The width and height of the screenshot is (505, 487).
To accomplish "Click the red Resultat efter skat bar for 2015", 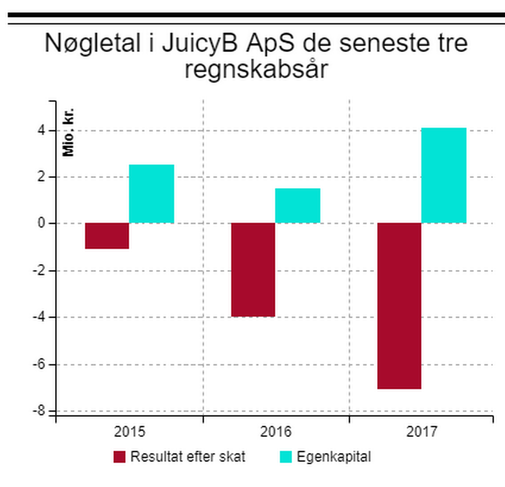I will [x=107, y=236].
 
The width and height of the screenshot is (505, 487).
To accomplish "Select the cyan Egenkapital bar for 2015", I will [x=151, y=194].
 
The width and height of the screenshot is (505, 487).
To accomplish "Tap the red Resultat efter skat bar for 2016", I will [x=253, y=269].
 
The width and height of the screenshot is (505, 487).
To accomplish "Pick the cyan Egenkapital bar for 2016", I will [x=298, y=206].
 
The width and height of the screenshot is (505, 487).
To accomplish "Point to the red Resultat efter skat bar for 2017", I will [x=399, y=306].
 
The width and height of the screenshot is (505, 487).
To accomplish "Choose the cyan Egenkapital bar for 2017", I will [x=444, y=175].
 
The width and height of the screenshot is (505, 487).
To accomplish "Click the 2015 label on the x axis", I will [x=129, y=432].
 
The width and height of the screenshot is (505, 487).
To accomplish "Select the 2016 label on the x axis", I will [x=276, y=432].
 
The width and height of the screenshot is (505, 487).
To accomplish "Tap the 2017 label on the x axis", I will [x=422, y=432].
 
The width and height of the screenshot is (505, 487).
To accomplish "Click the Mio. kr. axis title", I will [x=69, y=133].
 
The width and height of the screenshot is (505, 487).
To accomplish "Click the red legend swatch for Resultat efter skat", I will [x=119, y=457].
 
